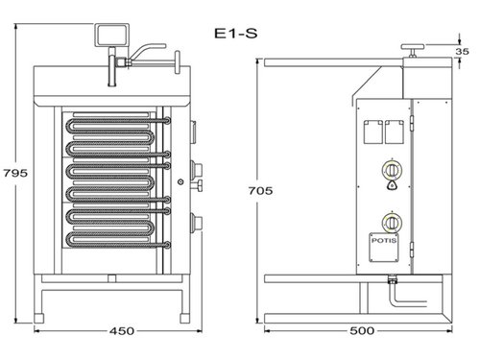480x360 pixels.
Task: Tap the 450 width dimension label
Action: click(x=119, y=331)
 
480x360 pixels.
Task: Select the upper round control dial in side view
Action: click(x=392, y=168)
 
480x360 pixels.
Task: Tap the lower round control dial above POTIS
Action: click(x=392, y=218)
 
